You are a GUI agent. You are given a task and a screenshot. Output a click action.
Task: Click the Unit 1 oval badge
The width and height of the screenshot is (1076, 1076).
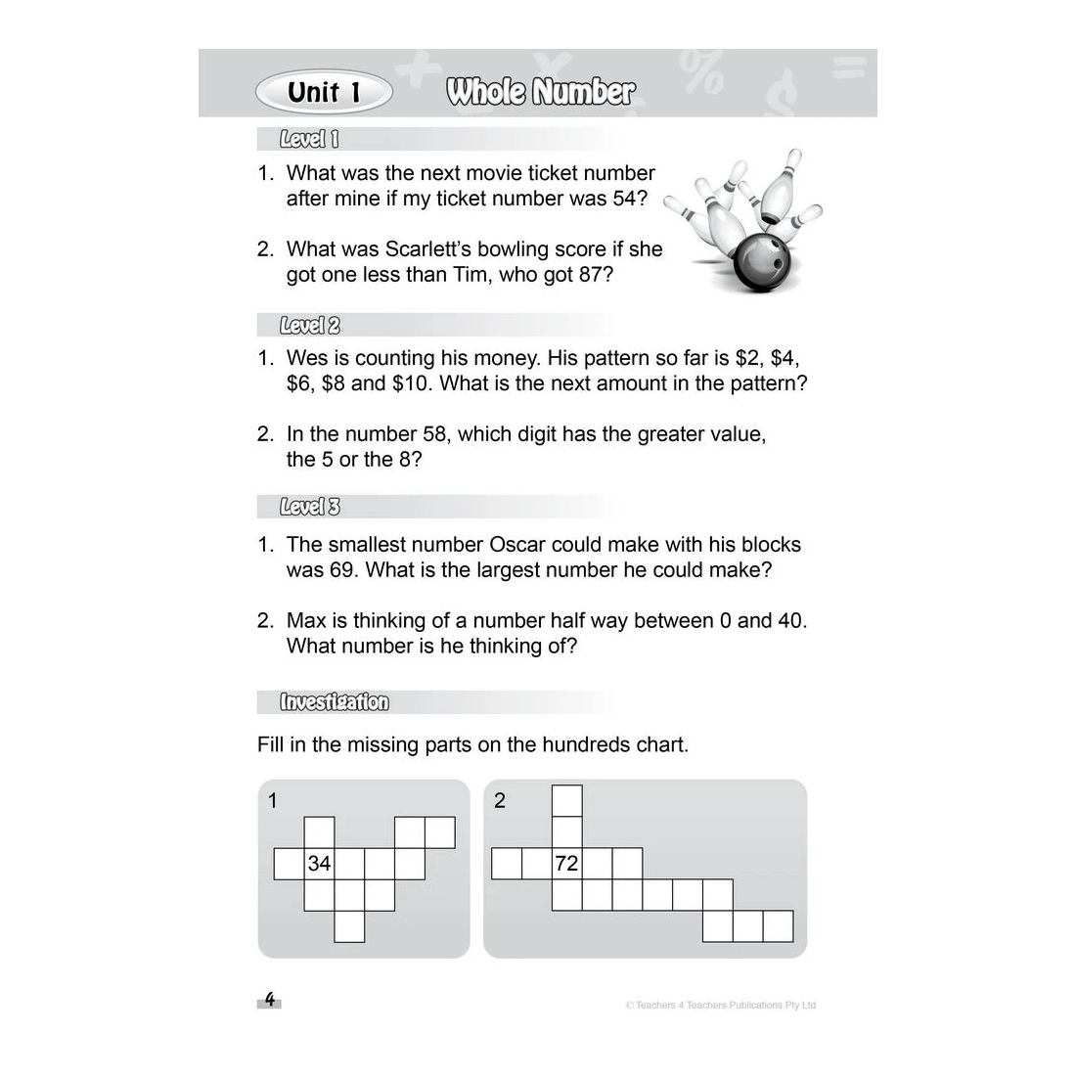tap(324, 93)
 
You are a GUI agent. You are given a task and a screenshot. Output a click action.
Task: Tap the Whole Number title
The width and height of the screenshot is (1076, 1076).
tap(540, 93)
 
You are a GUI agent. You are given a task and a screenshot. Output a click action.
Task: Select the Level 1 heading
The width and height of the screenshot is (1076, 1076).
tap(309, 140)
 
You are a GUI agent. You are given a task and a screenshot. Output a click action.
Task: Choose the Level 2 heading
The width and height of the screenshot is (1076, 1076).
tap(309, 326)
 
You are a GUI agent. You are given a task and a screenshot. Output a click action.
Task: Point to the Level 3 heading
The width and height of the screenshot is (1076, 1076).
tap(309, 507)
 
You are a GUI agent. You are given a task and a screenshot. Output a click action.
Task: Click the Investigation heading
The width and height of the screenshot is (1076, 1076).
tap(334, 702)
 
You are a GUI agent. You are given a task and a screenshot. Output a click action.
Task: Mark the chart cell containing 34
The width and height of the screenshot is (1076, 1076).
tap(319, 864)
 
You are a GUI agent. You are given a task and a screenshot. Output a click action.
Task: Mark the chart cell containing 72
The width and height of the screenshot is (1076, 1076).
tap(566, 864)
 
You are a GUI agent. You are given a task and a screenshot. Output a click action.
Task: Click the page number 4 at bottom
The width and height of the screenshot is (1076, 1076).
tap(270, 1001)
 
